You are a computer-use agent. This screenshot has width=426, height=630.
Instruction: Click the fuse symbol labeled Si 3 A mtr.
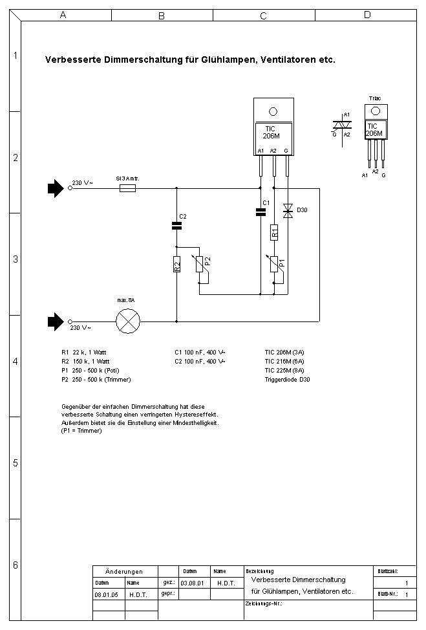coord(127,189)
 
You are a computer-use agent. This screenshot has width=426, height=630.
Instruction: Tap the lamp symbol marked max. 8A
coord(128,320)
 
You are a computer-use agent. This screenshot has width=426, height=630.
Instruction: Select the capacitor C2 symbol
coord(176,226)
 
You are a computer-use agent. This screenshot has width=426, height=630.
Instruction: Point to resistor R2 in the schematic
coord(176,264)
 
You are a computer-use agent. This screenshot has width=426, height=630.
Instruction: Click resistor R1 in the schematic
coord(274,232)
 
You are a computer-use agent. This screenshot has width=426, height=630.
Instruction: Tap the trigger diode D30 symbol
coord(287,210)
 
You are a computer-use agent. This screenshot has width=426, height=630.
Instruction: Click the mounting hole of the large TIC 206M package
coord(273,111)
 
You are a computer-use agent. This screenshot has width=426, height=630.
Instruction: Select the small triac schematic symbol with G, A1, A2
coord(341,125)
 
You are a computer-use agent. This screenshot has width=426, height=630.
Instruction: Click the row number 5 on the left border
coord(15,463)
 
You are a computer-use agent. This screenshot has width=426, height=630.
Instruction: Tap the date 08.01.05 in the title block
coord(105,593)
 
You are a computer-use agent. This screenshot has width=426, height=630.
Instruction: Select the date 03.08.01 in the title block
coord(192,583)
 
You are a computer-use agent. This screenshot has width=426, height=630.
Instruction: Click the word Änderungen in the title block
coord(124,572)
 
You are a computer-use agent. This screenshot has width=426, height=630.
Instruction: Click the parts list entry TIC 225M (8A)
coord(284,371)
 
